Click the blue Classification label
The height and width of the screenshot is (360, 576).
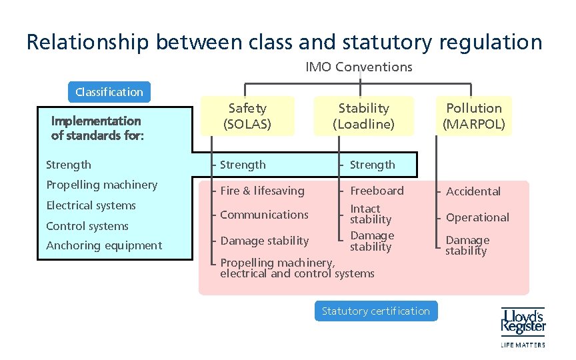click(x=109, y=92)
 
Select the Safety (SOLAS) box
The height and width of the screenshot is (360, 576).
click(x=247, y=115)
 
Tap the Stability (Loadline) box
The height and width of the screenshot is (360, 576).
click(x=363, y=115)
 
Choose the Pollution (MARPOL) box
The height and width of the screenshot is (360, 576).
click(x=475, y=115)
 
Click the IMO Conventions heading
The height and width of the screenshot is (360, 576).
click(x=359, y=67)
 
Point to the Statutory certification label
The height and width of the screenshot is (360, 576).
click(x=375, y=311)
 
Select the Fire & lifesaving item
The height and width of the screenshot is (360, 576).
click(x=262, y=191)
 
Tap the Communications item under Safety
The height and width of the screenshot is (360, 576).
click(x=264, y=215)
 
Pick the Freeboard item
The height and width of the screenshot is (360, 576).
click(x=377, y=191)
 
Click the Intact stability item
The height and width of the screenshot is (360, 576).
click(x=371, y=214)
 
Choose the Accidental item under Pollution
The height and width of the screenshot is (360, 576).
click(x=473, y=191)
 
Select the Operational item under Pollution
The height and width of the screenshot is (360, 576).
click(x=477, y=217)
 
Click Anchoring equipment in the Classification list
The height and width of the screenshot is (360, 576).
click(x=104, y=245)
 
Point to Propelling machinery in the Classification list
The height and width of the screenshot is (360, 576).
click(x=101, y=185)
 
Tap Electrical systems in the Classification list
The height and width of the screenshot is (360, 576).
click(x=91, y=205)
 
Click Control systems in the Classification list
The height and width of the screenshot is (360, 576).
click(x=87, y=226)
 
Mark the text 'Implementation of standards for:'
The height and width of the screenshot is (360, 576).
click(x=96, y=128)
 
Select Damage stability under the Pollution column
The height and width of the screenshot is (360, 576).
click(x=467, y=245)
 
